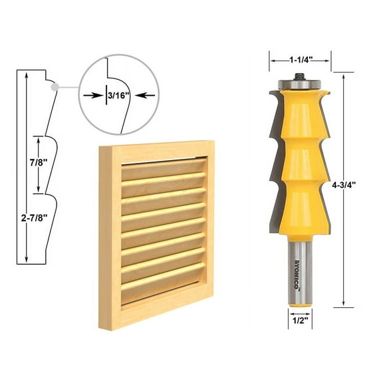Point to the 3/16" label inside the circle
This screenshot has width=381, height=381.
[x=120, y=95]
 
